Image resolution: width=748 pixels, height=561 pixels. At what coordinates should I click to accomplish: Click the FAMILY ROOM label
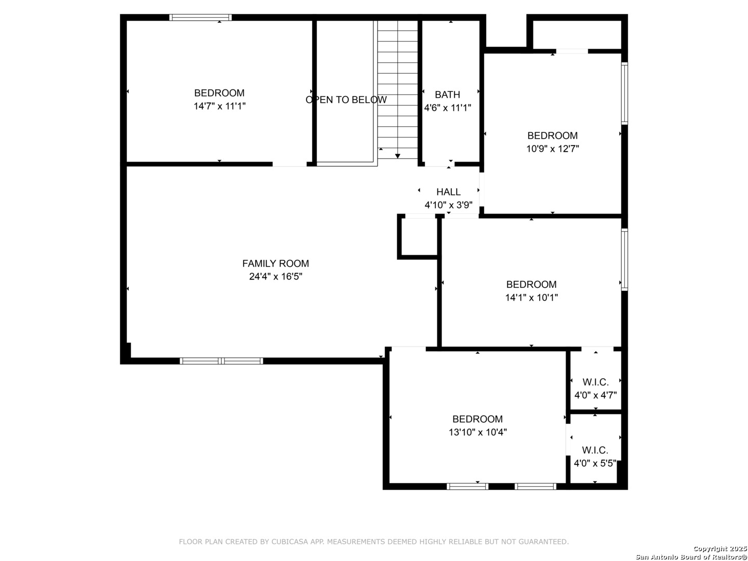[275, 263]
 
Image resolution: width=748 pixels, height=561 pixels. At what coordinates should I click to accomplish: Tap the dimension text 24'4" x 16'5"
[275, 276]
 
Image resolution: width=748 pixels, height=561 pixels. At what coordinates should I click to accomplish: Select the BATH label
[447, 95]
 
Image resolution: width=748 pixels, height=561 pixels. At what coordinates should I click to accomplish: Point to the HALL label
[448, 192]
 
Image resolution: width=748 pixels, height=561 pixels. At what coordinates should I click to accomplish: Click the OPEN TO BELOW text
[346, 100]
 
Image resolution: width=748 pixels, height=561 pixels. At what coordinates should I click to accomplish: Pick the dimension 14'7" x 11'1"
[219, 106]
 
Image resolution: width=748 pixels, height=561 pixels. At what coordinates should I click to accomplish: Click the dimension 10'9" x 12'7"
[552, 149]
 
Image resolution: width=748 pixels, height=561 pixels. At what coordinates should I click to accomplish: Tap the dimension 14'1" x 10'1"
[531, 297]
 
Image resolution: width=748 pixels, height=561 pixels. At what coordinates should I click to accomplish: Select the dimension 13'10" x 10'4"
[477, 432]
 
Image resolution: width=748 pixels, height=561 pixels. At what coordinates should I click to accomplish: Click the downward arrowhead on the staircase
[397, 156]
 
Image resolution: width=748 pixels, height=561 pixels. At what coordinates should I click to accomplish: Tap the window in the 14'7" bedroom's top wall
[201, 17]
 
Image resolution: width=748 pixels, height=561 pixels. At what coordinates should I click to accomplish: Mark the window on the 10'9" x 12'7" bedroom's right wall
[624, 94]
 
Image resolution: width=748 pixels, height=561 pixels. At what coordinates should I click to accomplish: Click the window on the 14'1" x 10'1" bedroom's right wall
[624, 260]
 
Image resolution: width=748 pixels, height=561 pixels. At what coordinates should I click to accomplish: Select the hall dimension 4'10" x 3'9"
[448, 205]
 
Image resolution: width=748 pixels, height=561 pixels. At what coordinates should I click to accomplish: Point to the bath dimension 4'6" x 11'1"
[447, 108]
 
